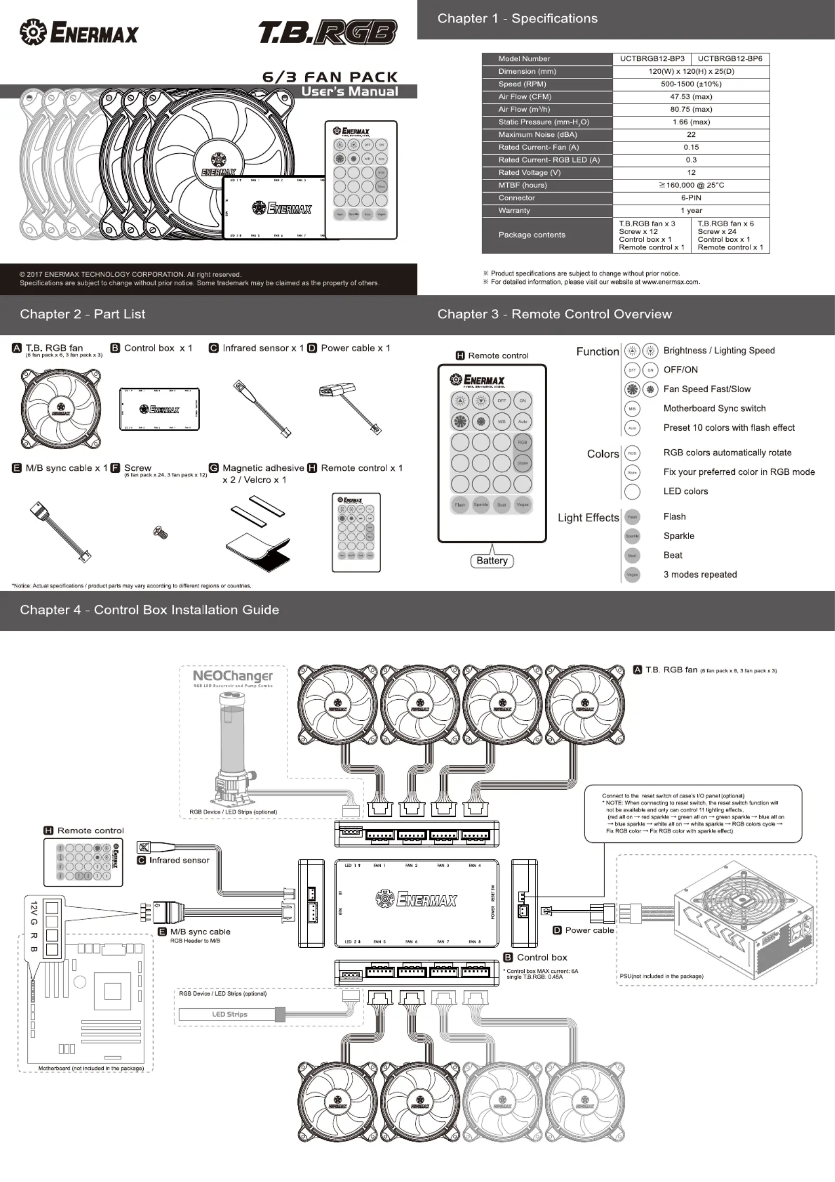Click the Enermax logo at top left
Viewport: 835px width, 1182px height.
coord(79,33)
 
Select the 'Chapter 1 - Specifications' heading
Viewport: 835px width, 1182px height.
coord(517,19)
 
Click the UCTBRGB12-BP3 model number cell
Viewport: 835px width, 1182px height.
coord(652,58)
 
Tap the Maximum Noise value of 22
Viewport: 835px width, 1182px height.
coord(691,135)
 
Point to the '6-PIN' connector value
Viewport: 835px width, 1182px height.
coord(691,198)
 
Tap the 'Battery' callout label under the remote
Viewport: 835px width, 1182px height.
coord(492,561)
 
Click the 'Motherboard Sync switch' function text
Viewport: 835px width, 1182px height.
coord(714,409)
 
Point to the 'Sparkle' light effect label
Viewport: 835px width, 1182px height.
coord(678,536)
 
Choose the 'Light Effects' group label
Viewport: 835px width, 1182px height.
coord(588,518)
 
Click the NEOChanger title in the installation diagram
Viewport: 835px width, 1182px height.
coord(233,676)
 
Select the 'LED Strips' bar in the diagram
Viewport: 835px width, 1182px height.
coord(229,1014)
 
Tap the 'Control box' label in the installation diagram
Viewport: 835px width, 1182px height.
coord(541,958)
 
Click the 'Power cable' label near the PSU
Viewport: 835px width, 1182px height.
coord(589,930)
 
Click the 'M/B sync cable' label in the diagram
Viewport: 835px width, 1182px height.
coord(200,932)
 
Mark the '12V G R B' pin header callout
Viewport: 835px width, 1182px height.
coord(34,927)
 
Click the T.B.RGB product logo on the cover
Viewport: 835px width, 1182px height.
coord(327,33)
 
